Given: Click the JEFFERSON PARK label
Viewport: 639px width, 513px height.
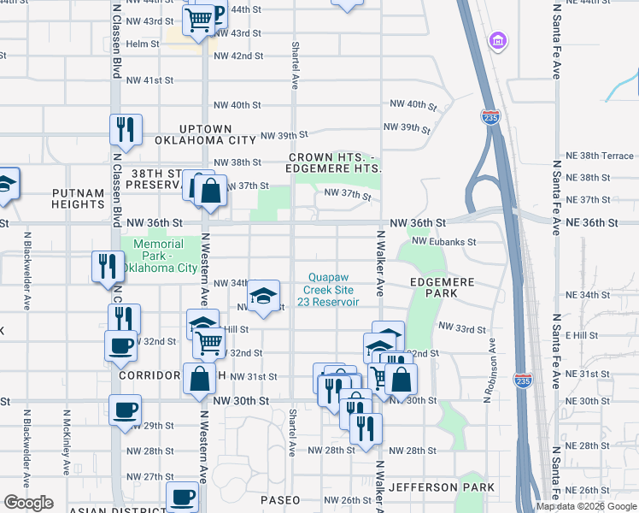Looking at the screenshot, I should pyautogui.click(x=441, y=487).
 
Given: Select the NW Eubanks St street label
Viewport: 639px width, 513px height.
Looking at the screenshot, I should pyautogui.click(x=443, y=242).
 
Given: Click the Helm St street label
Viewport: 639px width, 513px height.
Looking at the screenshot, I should pyautogui.click(x=143, y=44).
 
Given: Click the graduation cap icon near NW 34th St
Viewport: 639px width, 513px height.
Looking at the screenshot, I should pyautogui.click(x=265, y=296).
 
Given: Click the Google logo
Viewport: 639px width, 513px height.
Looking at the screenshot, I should pyautogui.click(x=28, y=503).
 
